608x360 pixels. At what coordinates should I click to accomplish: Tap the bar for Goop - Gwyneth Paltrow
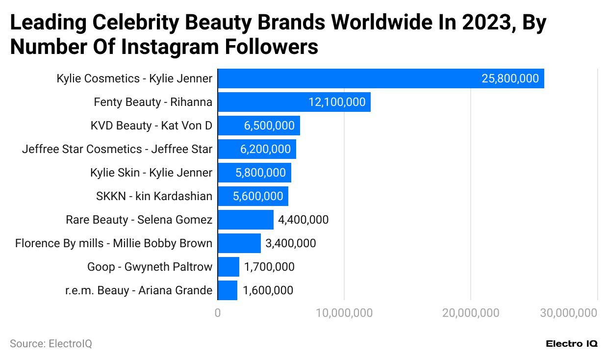(228, 267)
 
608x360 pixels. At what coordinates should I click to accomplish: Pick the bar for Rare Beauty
(246, 220)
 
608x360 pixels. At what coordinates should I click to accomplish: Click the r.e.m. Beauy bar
(228, 290)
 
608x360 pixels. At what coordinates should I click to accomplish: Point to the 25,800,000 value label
(510, 78)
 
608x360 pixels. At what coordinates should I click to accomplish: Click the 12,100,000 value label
(337, 102)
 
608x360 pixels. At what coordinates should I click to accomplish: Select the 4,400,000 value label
(303, 220)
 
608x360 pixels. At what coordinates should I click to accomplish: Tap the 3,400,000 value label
(290, 243)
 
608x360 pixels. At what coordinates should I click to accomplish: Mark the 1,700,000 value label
(269, 267)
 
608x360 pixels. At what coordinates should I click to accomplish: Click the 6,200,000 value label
(265, 149)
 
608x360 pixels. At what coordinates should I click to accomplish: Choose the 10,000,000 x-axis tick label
(344, 313)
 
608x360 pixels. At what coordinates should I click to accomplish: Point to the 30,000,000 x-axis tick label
(568, 313)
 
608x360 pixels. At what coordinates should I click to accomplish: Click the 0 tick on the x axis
(218, 313)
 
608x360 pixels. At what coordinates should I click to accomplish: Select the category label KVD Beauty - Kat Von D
(151, 126)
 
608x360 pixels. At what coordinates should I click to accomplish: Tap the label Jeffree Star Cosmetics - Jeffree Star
(117, 149)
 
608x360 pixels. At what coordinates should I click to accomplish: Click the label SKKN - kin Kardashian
(154, 196)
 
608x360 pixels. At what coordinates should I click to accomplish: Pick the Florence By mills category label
(114, 243)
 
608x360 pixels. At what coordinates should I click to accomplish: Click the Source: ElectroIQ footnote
(51, 344)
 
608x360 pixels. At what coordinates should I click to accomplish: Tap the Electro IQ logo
(571, 344)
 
